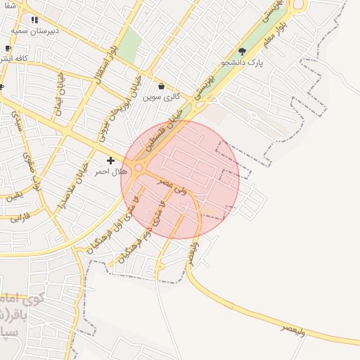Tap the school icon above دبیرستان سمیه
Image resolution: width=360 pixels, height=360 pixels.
(x=35, y=20)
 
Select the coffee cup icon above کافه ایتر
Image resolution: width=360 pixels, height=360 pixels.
(x=8, y=49)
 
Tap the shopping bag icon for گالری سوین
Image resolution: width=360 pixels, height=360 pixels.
(x=162, y=86)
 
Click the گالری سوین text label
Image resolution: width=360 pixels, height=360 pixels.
(x=162, y=97)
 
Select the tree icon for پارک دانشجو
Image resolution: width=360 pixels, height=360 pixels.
(x=243, y=51)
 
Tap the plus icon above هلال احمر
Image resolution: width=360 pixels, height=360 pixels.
(x=110, y=161)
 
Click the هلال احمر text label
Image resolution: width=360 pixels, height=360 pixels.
(x=110, y=172)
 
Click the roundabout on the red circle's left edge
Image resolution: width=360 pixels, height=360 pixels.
(x=140, y=168)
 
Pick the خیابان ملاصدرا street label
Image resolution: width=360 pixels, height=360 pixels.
(x=72, y=186)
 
